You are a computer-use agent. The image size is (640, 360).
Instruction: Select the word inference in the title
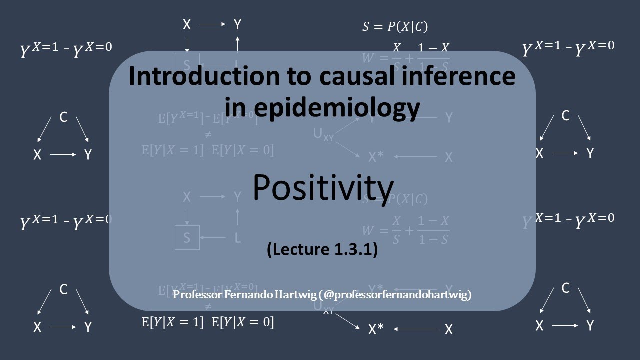(461, 76)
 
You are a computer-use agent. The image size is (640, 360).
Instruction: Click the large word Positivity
(323, 188)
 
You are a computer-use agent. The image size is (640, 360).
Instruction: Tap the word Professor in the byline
(196, 294)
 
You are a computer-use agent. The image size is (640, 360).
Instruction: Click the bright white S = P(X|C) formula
(395, 26)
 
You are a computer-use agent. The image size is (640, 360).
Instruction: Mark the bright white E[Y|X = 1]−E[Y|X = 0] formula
(208, 322)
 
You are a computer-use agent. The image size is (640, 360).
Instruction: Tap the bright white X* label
(376, 329)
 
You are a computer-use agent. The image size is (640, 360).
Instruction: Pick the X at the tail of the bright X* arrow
(448, 329)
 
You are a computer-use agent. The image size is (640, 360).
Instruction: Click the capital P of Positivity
(262, 188)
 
